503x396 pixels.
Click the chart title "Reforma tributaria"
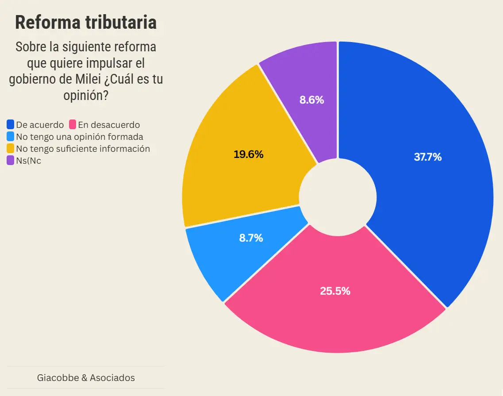(86, 22)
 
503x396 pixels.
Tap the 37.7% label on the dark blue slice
(427, 157)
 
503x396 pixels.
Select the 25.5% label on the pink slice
(335, 291)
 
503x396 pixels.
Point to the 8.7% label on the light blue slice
(251, 238)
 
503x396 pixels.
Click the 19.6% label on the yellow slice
(248, 154)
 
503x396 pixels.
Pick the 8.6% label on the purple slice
(311, 100)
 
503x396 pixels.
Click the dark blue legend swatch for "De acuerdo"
(11, 125)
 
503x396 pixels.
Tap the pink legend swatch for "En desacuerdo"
(73, 125)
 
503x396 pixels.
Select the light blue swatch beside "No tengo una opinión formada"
(11, 137)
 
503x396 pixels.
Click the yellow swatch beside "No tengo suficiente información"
(11, 149)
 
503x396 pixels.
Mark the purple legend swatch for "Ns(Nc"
(11, 161)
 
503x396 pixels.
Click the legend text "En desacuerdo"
(109, 125)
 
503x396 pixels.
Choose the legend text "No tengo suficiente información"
(83, 149)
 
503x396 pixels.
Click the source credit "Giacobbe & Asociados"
(86, 378)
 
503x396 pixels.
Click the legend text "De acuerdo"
(40, 125)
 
